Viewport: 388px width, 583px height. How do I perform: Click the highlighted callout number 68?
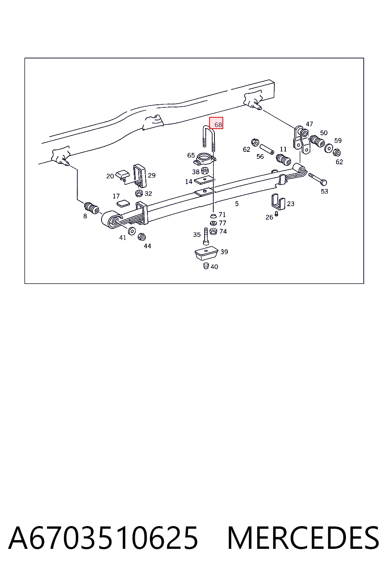click(x=218, y=124)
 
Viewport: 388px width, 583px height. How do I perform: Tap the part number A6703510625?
click(x=103, y=538)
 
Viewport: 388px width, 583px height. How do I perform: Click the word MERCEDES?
click(x=303, y=538)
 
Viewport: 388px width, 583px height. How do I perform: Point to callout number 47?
click(x=309, y=124)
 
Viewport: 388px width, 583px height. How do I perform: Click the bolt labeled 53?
click(x=318, y=179)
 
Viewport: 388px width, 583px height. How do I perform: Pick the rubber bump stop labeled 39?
click(x=207, y=253)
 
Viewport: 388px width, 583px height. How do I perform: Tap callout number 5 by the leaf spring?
click(x=236, y=203)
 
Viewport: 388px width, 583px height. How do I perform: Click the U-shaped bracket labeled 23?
click(x=278, y=202)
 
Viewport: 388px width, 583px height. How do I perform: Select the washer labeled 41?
click(x=132, y=230)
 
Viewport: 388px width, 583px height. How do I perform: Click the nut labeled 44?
click(x=142, y=237)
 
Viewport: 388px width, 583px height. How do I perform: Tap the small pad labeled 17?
click(x=123, y=203)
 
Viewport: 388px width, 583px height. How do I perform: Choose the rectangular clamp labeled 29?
click(x=140, y=176)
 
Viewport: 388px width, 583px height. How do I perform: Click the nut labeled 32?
click(x=139, y=193)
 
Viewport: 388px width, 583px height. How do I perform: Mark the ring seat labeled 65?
click(x=205, y=159)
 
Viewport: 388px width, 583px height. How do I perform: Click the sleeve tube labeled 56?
click(x=267, y=149)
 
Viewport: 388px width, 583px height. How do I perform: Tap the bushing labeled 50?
click(x=317, y=141)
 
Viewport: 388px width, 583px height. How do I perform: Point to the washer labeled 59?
click(x=329, y=148)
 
